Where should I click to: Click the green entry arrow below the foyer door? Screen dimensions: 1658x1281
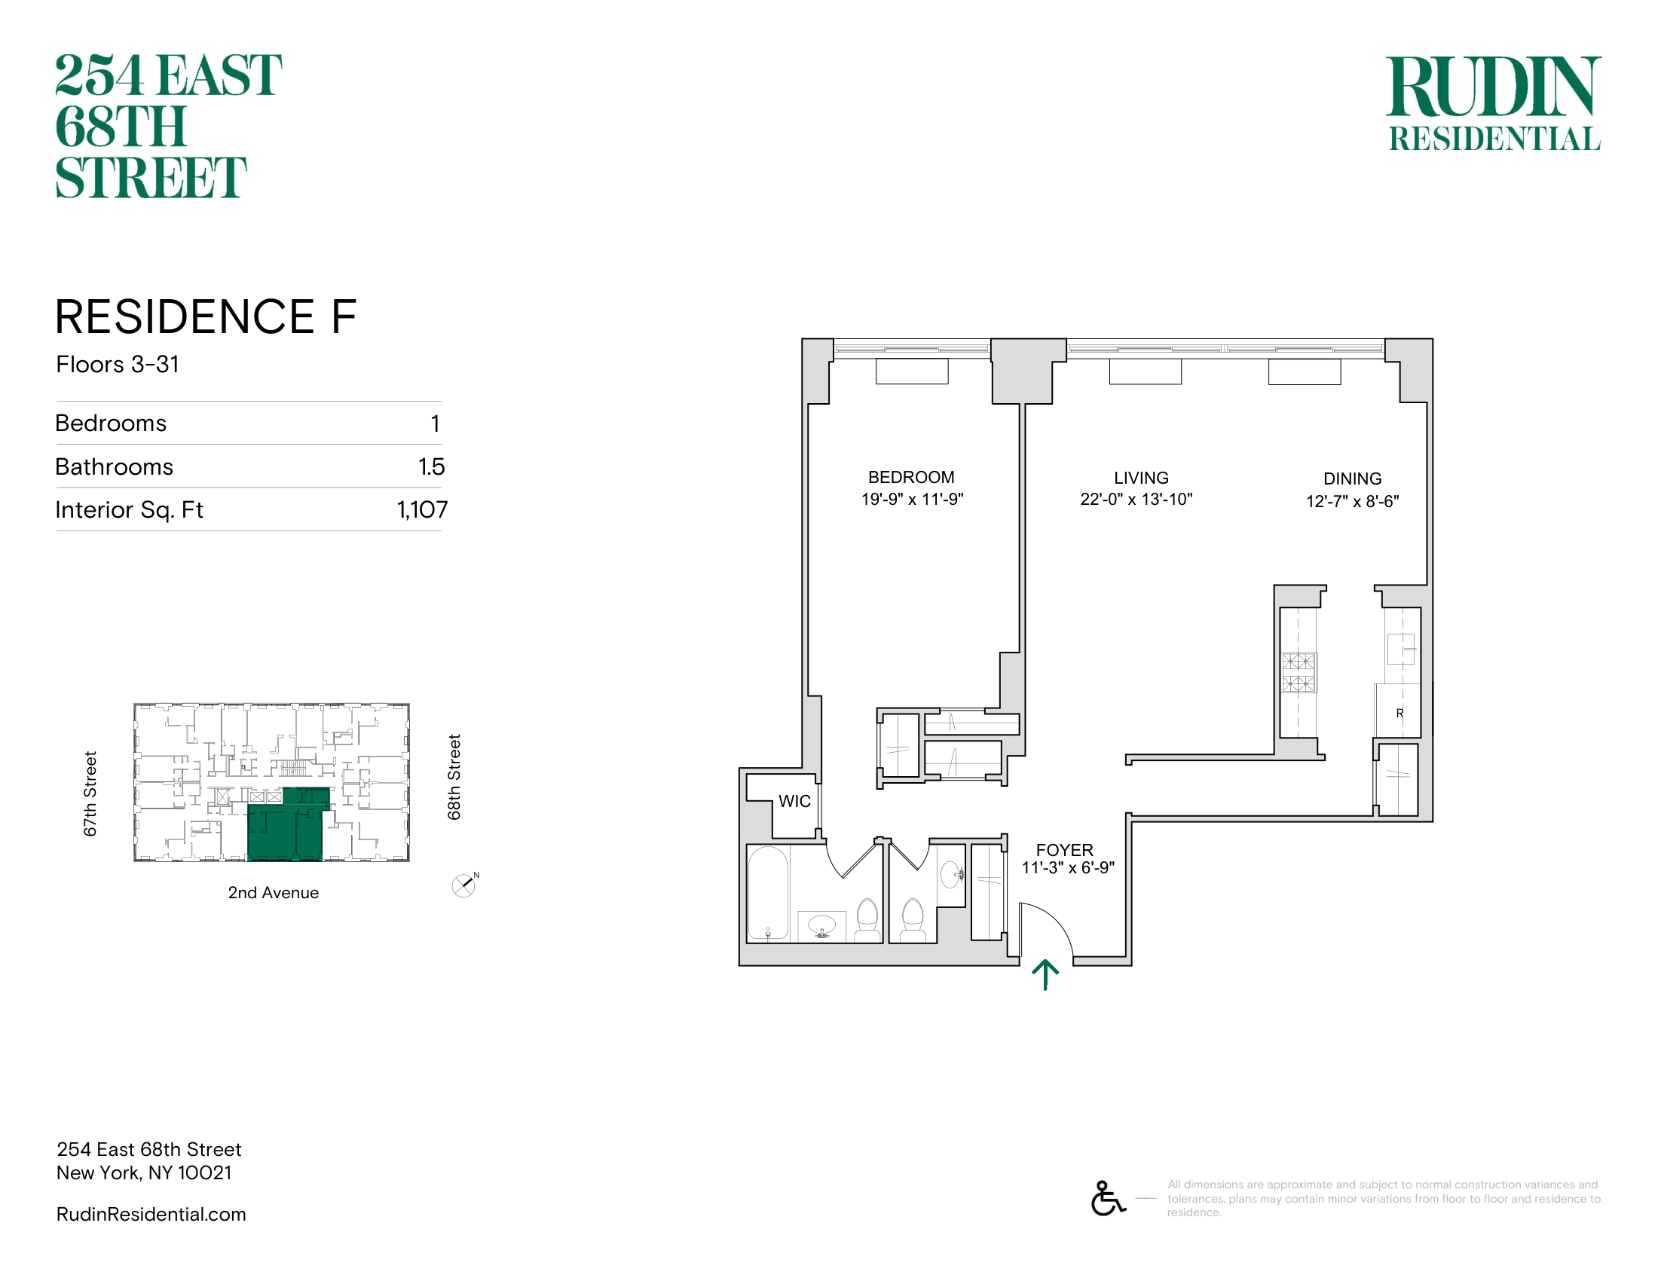point(1045,975)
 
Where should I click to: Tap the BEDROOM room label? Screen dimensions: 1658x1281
point(911,477)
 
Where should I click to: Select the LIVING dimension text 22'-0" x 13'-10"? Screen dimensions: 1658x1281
point(1136,500)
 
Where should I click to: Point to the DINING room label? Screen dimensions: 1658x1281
point(1352,478)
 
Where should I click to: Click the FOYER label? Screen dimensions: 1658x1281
point(1064,850)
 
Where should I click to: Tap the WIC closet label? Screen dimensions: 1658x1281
point(795,802)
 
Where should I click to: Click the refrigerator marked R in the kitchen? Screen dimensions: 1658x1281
point(1397,711)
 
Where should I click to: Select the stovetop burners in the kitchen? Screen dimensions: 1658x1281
point(1299,672)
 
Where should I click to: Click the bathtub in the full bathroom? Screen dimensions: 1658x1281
point(768,893)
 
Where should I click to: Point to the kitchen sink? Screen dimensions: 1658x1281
point(1402,649)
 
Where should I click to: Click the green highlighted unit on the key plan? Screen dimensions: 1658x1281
point(287,827)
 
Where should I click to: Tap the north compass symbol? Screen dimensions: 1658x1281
point(463,885)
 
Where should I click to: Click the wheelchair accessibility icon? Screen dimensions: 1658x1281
point(1108,1198)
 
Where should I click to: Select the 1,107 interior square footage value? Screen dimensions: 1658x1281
point(422,509)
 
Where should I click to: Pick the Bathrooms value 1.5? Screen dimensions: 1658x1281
point(431,466)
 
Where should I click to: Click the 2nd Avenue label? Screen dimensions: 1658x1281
point(274,892)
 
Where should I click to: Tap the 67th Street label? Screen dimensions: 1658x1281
point(90,793)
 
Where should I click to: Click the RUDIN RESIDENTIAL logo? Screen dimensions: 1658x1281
point(1494,103)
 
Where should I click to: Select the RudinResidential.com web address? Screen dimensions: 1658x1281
point(151,1214)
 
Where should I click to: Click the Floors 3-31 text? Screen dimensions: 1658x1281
point(118,364)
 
